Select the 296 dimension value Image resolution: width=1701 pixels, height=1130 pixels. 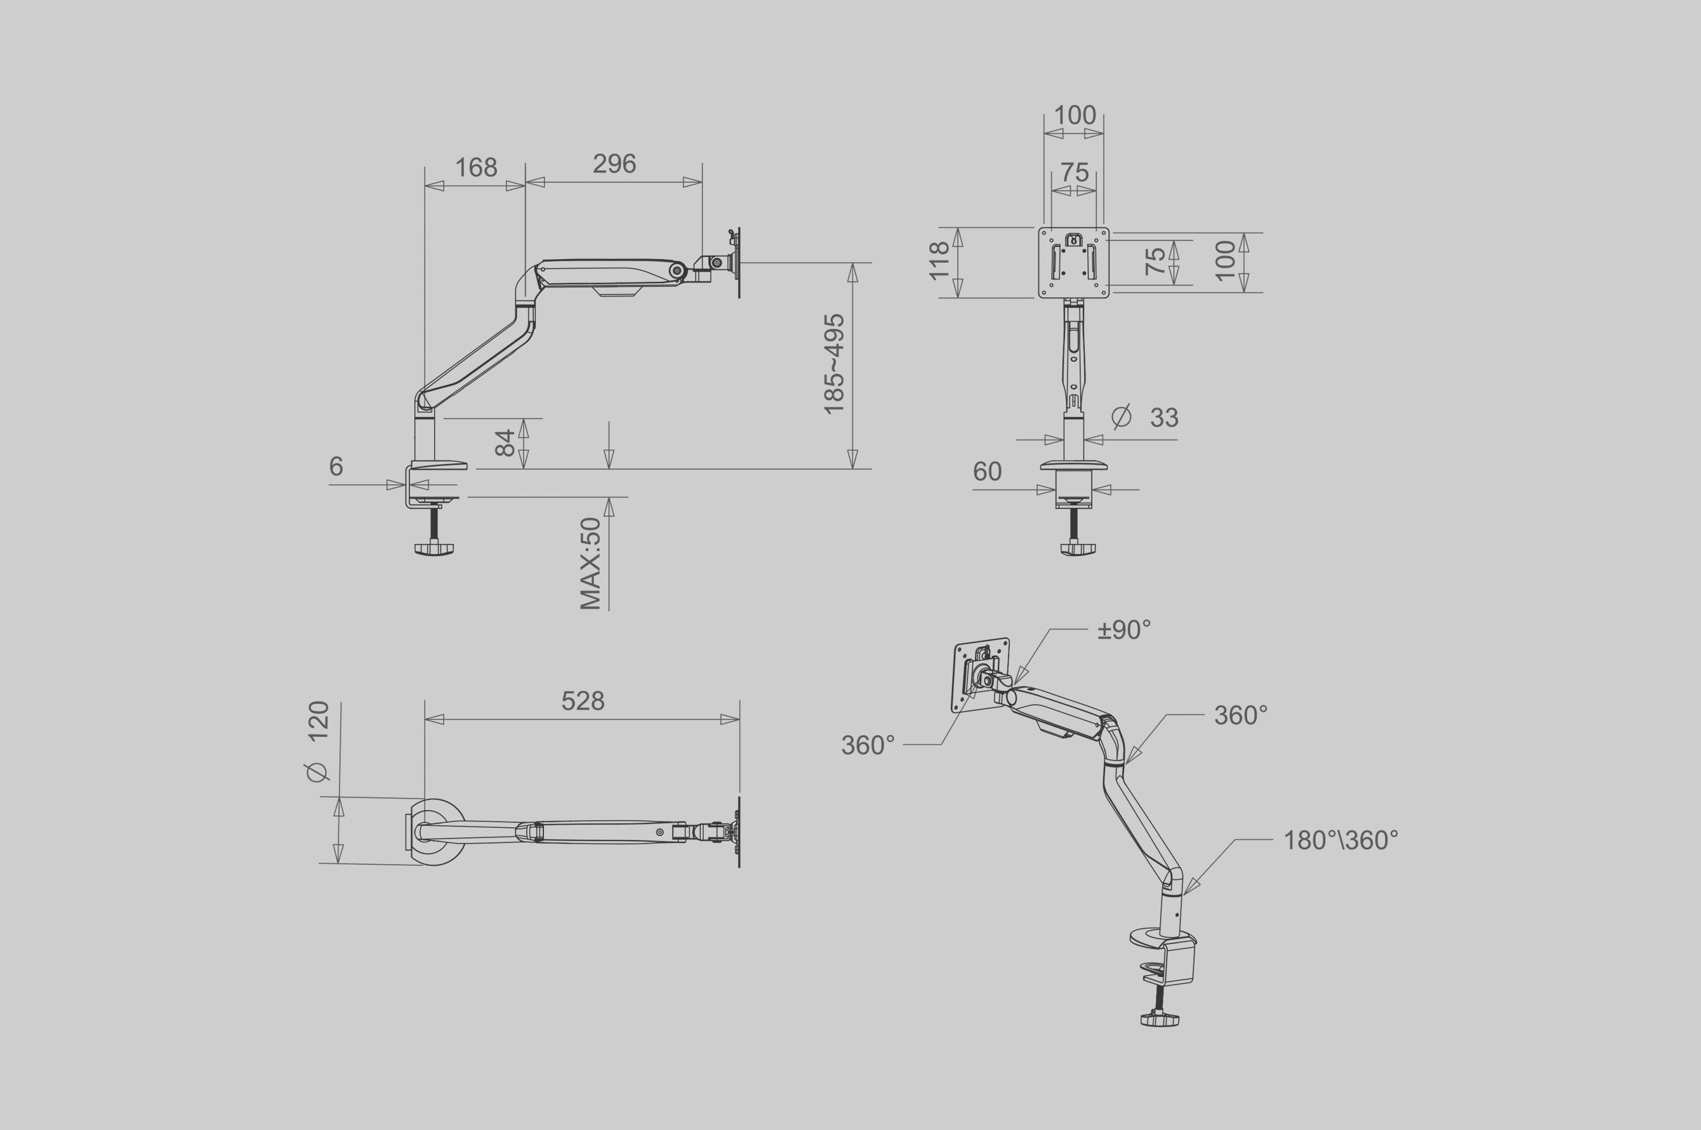point(614,164)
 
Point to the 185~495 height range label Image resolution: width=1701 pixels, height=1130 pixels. point(834,364)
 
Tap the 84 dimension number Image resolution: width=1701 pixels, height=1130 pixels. point(506,442)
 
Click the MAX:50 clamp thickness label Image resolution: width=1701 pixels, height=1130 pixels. point(591,564)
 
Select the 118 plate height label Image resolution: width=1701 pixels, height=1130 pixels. point(939,261)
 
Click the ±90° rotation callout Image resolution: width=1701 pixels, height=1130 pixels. point(1124,630)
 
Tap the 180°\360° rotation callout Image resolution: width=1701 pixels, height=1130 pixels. point(1340,841)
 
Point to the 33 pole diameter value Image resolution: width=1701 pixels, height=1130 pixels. point(1164,418)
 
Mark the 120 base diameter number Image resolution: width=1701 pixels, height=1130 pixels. point(319,721)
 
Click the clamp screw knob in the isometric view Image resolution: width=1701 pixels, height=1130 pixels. point(1160,1019)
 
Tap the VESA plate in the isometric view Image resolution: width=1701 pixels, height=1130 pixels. point(981,675)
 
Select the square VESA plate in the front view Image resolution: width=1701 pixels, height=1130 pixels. point(1073,262)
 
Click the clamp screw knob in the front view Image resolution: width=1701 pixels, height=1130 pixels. point(1078,548)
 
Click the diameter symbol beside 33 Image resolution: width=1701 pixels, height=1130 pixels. point(1121,416)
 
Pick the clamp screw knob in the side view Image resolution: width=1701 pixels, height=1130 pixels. point(434,549)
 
